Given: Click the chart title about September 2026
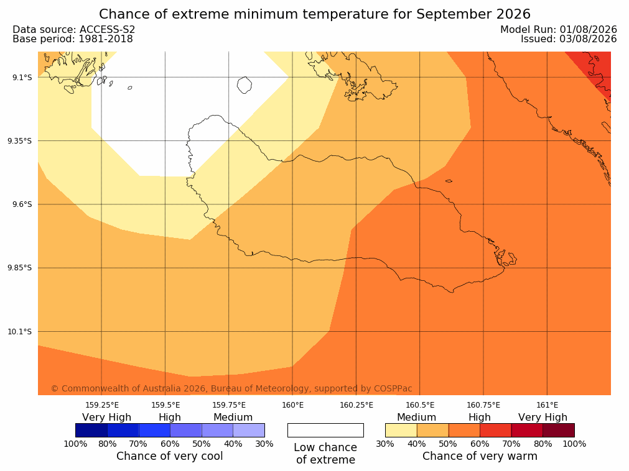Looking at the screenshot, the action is pos(315,14).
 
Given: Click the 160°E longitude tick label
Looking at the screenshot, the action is pos(293,405).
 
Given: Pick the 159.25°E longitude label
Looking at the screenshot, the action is pos(102,405).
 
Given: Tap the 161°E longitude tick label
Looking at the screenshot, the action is pos(547,405).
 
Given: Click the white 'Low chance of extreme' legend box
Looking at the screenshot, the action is pos(326,430).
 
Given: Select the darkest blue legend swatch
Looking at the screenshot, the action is pos(91,430).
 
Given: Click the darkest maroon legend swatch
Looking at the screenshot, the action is pos(559,430).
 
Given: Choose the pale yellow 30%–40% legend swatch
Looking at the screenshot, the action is pos(401,430).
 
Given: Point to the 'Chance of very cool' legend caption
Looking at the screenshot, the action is pos(170,456).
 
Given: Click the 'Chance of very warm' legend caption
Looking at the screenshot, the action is pos(480,456).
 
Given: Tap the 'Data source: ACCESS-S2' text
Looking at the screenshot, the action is pos(74,30).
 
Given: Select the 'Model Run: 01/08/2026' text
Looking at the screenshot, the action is pos(559,30).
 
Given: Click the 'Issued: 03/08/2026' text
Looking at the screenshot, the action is pos(569,39).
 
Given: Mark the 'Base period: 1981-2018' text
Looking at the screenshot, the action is pos(73,39).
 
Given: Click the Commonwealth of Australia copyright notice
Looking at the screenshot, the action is pos(231,388).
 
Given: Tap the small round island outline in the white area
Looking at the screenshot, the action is pos(245,85).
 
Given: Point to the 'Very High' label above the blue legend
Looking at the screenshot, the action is pos(107,418).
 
